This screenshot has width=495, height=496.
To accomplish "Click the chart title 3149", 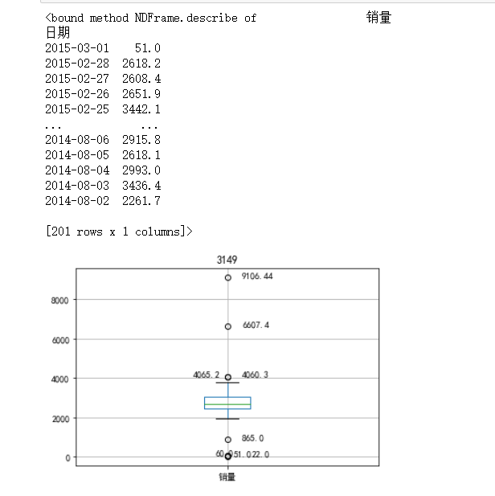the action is coord(227,260).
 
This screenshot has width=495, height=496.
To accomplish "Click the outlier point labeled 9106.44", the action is coord(228,277).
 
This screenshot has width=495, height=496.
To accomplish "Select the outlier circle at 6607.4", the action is coord(228,326).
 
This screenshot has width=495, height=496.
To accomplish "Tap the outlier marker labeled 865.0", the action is coord(228,440).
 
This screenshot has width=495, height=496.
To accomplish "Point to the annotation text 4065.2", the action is coord(206,375).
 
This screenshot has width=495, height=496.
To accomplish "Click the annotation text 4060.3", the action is coord(256,375).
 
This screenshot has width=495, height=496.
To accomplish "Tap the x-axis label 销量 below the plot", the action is coord(227,477).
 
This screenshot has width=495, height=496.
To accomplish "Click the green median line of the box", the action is coord(227,404).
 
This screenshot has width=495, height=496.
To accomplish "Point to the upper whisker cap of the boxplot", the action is coord(227,383).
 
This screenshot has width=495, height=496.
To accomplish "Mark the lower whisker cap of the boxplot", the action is coord(227,419).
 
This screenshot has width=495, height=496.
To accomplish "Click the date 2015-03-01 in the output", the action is coord(76,48).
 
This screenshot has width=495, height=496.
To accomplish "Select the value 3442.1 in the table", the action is coord(141,109).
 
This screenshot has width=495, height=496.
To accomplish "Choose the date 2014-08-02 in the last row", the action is coord(76,201).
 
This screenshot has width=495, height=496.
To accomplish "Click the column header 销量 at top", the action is coord(378,17).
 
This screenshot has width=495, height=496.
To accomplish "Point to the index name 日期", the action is coord(58,33).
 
